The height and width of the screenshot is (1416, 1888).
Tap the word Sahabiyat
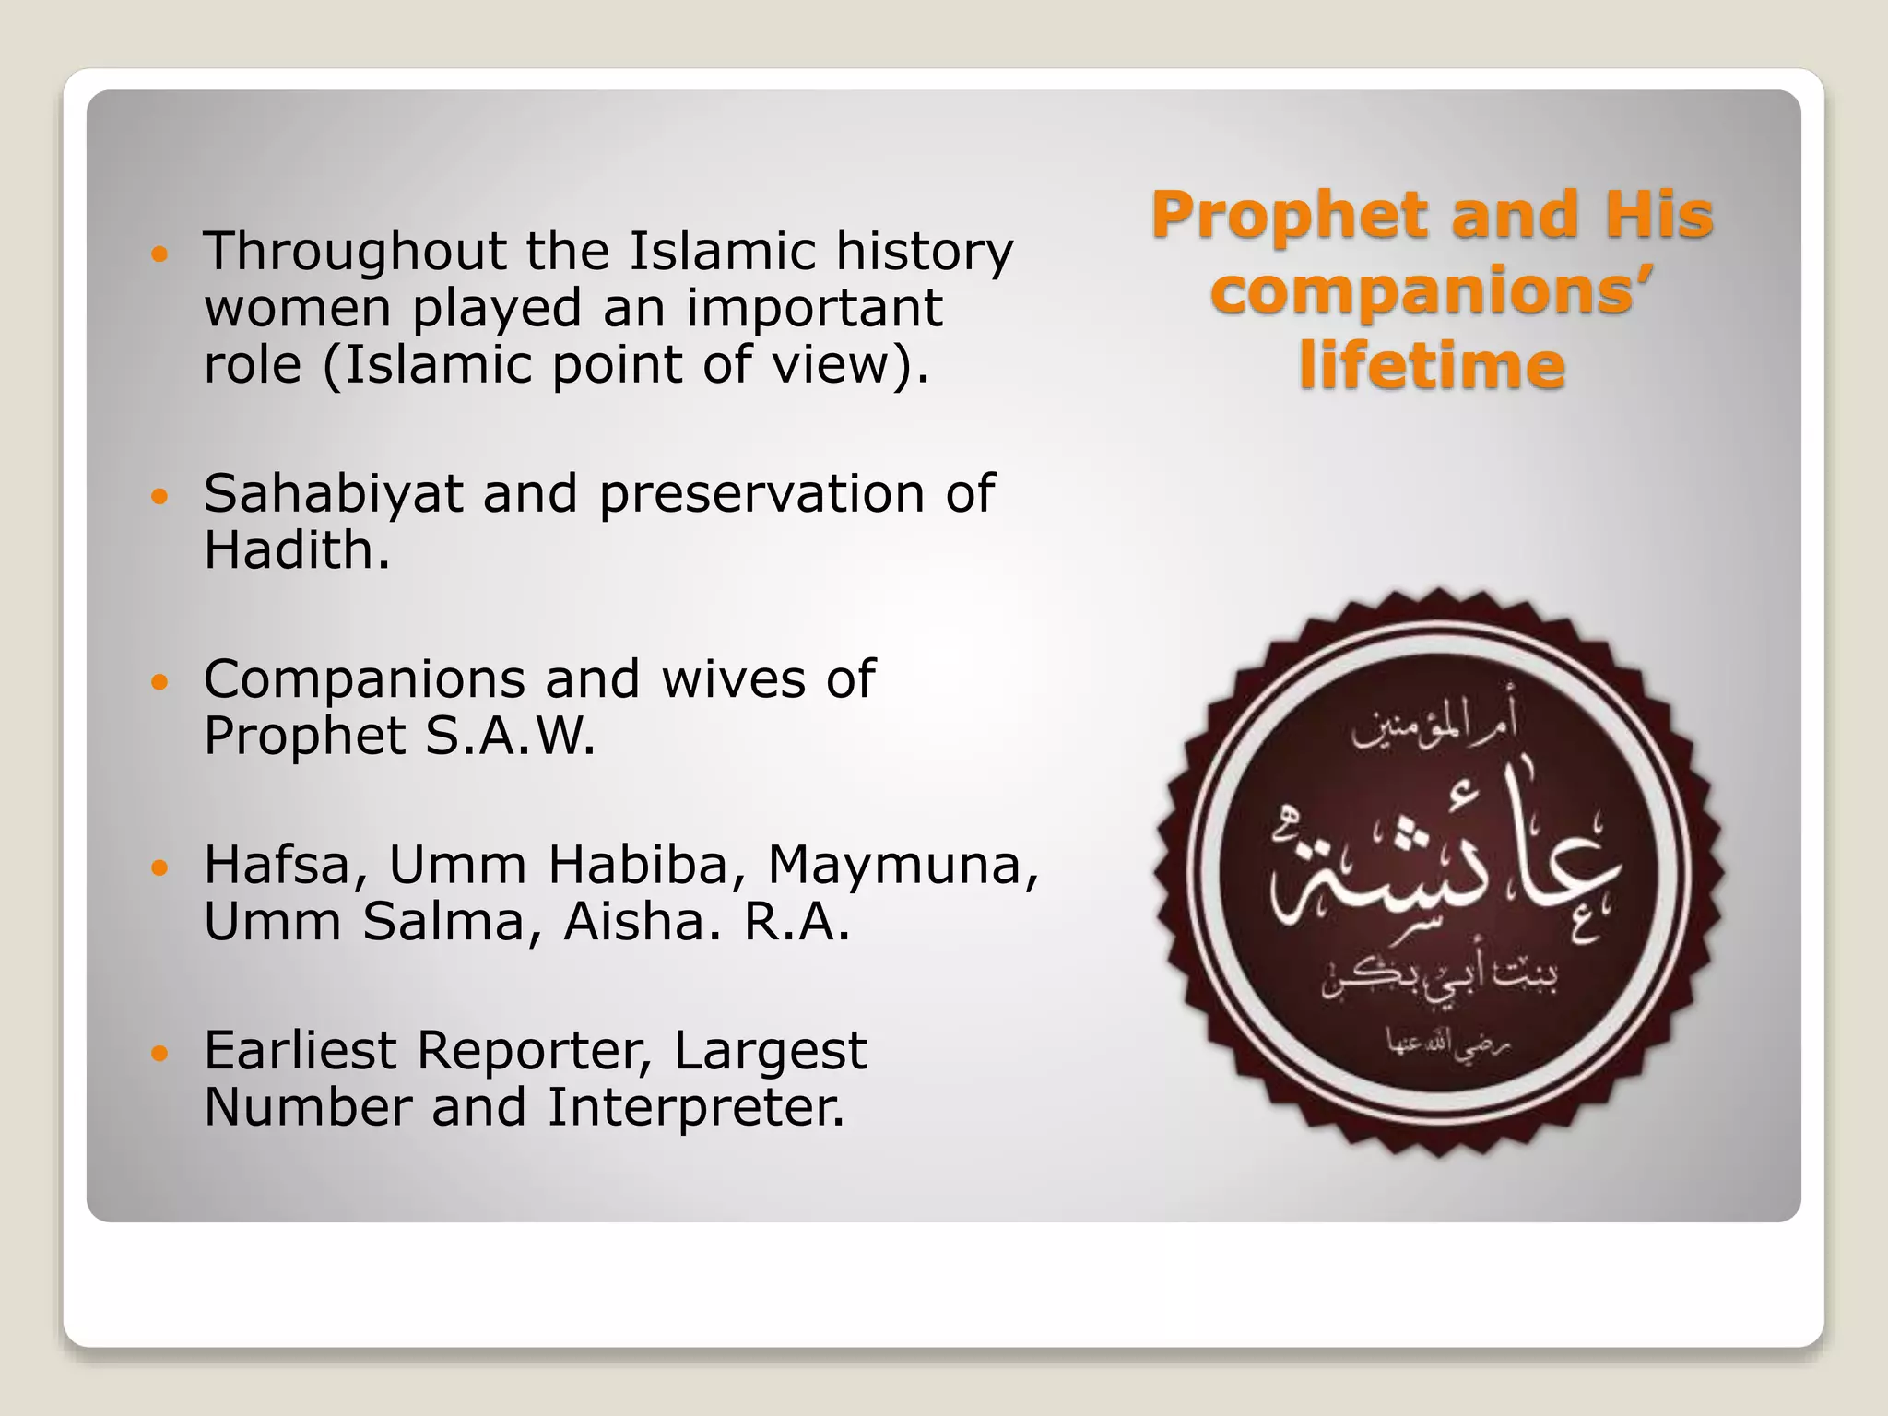point(333,494)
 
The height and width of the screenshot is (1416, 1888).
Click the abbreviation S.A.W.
point(510,737)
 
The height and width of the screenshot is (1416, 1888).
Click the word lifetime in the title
point(1432,366)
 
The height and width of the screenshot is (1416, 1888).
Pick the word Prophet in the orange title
point(1291,216)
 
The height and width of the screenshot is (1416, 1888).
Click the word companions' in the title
point(1432,290)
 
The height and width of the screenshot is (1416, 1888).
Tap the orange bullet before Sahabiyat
point(160,497)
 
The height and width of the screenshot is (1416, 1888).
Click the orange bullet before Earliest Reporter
point(160,1053)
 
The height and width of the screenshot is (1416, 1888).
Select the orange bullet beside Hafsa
point(160,867)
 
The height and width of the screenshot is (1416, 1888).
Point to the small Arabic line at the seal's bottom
point(1448,1044)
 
